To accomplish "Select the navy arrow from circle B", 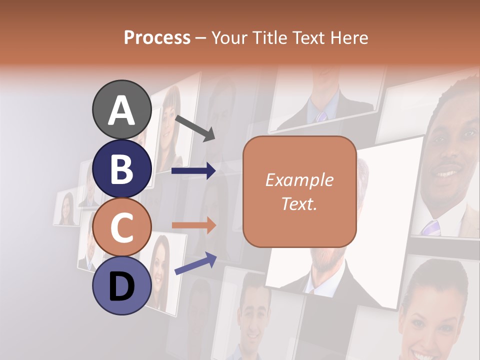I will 193,171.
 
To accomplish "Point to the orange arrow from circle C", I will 193,225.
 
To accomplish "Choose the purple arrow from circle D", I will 195,263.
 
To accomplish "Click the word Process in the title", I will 157,38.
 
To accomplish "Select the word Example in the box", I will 299,180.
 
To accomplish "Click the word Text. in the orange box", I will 299,204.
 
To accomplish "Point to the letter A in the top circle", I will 121,111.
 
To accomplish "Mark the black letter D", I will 121,287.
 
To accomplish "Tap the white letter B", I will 121,169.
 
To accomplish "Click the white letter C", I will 121,228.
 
